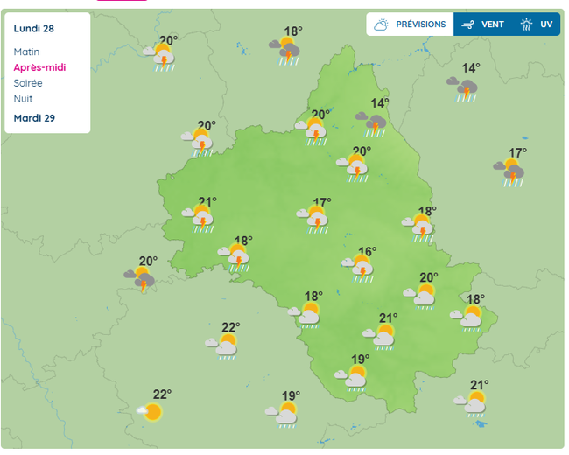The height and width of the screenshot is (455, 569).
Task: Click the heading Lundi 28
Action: tap(34, 28)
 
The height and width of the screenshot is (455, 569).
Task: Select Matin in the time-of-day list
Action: tap(26, 52)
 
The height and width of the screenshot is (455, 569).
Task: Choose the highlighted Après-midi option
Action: tap(39, 67)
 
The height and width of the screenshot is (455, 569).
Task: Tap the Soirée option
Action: tap(28, 83)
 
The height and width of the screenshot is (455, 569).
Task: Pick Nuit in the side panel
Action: tap(23, 99)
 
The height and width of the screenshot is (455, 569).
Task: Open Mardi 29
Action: tap(34, 118)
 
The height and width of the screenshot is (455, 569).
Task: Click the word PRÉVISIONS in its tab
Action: tap(420, 24)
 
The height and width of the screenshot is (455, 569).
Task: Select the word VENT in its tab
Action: tap(493, 24)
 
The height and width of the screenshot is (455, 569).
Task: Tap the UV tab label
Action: tap(546, 24)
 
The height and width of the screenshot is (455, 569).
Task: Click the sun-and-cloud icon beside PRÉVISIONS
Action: tap(381, 24)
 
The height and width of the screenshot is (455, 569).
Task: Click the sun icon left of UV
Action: tap(527, 24)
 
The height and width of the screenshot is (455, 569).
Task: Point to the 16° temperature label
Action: tap(367, 252)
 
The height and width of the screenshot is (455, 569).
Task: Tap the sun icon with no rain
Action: tap(152, 411)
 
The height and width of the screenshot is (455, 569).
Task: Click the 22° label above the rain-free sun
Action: tap(162, 394)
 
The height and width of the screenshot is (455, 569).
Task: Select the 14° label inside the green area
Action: tap(379, 103)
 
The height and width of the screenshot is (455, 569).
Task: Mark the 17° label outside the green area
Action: tap(517, 153)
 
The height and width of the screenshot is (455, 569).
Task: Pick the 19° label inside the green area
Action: tap(360, 359)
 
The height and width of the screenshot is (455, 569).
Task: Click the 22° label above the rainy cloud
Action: tap(230, 327)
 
